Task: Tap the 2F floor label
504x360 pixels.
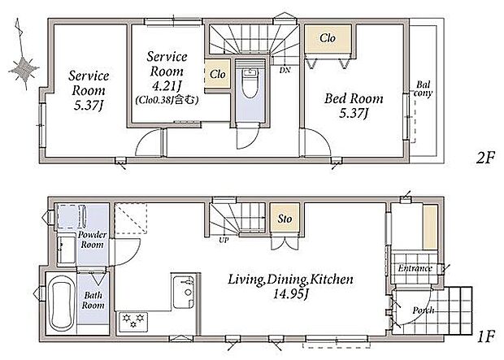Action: point(484,158)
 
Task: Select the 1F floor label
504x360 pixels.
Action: point(485,337)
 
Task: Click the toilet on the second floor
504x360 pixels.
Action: point(250,83)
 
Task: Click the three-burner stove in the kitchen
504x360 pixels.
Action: point(133,322)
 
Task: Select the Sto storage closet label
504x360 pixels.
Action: point(285,219)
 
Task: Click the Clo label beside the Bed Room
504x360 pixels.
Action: point(328,38)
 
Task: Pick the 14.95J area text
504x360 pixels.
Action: point(291,294)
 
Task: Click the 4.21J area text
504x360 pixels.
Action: point(167,86)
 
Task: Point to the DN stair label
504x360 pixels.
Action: point(285,69)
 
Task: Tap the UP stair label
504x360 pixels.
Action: point(224,240)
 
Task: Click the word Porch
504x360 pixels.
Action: point(424,310)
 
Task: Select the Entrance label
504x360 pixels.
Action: point(415,268)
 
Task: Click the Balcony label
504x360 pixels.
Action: point(423,89)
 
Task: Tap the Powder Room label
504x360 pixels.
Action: point(92,240)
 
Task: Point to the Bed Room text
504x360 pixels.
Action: point(354,98)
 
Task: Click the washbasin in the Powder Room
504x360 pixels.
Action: point(67,250)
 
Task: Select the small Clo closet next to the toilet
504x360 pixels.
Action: point(218,74)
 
